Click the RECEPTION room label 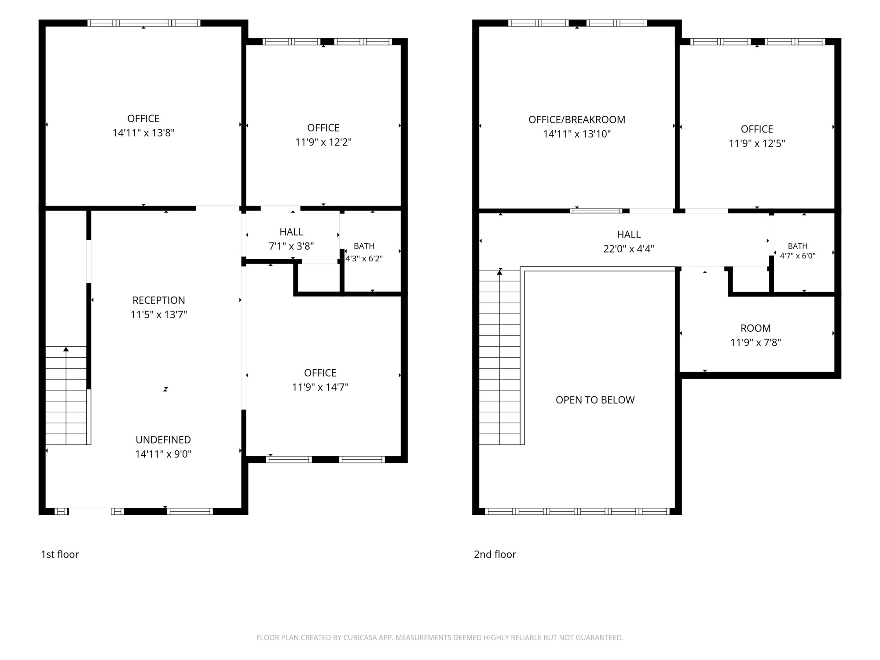(159, 300)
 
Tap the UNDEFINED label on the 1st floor (163, 440)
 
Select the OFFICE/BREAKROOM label (577, 120)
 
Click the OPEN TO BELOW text (595, 400)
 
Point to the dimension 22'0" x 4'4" (629, 249)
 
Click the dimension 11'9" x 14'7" (320, 387)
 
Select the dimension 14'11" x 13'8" (143, 133)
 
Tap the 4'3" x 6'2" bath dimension (364, 259)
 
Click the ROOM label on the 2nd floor (755, 328)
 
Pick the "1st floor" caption (60, 554)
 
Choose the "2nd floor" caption (495, 554)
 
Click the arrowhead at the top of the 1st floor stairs (66, 349)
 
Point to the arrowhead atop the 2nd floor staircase (500, 272)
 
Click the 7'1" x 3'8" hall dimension (291, 246)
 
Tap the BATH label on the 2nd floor (798, 246)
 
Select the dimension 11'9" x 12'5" (757, 143)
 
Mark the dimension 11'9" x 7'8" (755, 343)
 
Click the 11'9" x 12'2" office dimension (323, 142)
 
